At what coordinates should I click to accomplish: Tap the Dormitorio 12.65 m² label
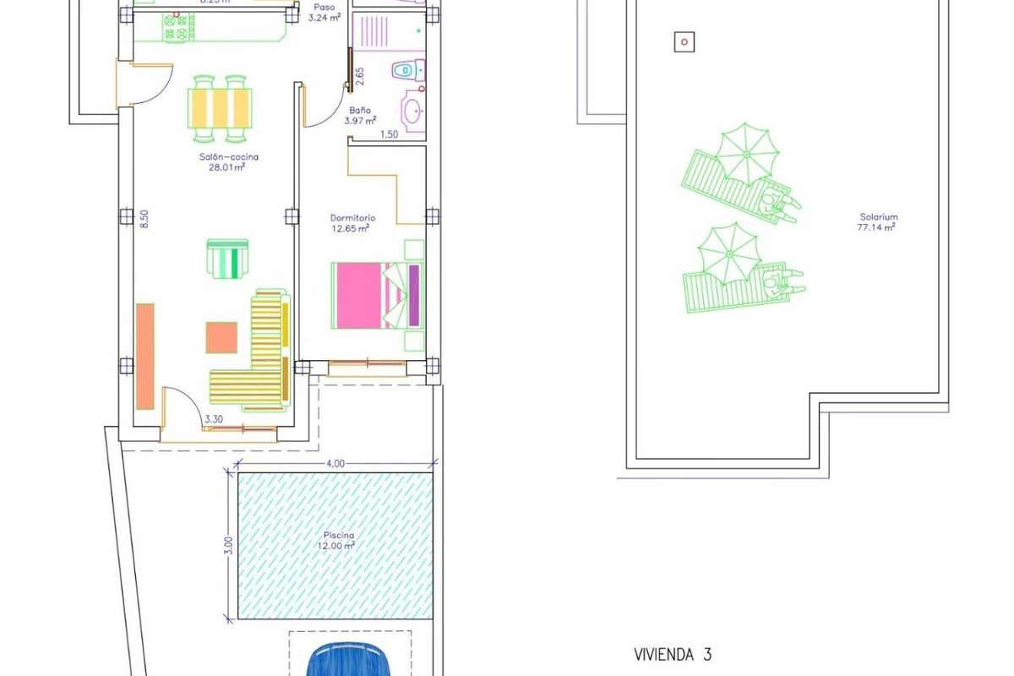point(352,223)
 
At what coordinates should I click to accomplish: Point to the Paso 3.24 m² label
point(324,12)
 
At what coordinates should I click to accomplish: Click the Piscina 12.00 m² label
point(338,541)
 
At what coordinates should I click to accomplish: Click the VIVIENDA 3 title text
point(673,654)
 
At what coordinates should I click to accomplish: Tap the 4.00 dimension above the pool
point(335,463)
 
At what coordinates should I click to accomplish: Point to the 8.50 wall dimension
point(144,220)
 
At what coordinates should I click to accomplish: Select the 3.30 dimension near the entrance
point(215,418)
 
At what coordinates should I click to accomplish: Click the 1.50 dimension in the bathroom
point(390,134)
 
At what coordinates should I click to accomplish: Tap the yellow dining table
point(221,107)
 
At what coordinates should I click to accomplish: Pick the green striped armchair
point(228,258)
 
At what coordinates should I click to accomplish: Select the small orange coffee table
point(222,337)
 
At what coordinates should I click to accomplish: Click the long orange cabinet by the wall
point(145,356)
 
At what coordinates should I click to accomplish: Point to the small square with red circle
point(684,41)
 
